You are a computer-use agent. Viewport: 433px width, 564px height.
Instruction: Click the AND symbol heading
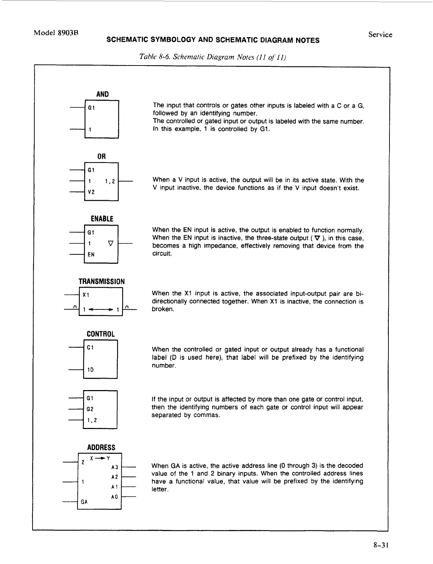coord(102,94)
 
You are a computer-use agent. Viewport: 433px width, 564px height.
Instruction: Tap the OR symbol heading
coord(102,156)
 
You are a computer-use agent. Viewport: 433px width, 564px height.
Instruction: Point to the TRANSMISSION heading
coord(102,282)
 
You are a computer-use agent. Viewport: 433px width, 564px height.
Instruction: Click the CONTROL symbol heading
coord(101,334)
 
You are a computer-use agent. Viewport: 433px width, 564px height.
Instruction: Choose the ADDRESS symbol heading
coord(102,447)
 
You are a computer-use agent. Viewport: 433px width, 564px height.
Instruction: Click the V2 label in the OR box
coord(91,192)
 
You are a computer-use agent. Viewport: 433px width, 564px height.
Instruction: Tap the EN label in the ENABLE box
coord(91,254)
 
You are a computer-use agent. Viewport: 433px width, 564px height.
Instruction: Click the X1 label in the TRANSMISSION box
coord(86,295)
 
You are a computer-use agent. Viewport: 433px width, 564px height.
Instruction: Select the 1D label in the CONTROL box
coord(91,370)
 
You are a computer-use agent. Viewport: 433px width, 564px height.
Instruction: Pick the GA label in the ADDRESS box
coord(84,502)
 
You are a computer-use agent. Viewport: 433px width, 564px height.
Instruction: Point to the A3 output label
coord(114,467)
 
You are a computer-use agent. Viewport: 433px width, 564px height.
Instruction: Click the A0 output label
coord(114,497)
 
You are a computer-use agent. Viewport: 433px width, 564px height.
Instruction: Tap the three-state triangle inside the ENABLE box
coord(110,243)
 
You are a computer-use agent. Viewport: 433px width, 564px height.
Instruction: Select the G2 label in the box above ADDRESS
coord(90,409)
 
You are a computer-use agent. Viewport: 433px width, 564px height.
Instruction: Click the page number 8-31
coord(381,545)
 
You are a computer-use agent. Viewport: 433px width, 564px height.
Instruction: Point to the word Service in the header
coord(380,35)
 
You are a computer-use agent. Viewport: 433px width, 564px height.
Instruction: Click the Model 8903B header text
coord(56,33)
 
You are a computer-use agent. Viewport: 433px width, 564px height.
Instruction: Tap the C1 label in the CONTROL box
coord(90,348)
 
